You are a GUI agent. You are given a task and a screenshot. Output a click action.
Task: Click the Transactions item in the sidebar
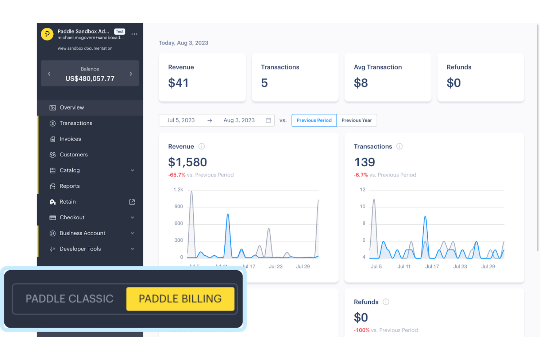(76, 123)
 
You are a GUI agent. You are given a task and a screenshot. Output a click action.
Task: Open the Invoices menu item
(70, 139)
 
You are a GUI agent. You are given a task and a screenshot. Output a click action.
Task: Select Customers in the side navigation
(73, 155)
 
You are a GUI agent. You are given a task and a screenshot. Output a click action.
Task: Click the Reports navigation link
(69, 186)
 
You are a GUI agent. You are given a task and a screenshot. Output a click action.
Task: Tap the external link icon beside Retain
(132, 202)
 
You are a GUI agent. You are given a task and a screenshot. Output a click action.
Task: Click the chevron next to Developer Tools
(132, 249)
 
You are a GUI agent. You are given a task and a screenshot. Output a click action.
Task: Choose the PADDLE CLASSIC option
(69, 299)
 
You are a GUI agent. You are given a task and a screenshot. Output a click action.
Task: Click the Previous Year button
(356, 120)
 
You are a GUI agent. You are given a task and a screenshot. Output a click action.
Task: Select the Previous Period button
(314, 120)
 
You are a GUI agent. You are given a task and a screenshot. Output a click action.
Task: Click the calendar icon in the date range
(268, 120)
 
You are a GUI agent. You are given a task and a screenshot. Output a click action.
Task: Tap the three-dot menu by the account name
(134, 34)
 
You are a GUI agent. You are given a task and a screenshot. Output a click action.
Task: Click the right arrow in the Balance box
(131, 74)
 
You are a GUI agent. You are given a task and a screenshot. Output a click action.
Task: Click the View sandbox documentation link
(85, 48)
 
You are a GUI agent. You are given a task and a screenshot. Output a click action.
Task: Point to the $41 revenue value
(178, 83)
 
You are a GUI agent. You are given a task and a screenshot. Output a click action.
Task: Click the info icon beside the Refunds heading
(386, 302)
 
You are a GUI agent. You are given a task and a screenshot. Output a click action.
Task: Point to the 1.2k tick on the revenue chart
(178, 190)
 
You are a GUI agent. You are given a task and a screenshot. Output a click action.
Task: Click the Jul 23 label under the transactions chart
(460, 267)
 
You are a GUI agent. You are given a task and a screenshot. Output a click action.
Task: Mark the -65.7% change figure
(177, 175)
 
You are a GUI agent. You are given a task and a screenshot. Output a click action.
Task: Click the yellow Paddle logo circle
(47, 34)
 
